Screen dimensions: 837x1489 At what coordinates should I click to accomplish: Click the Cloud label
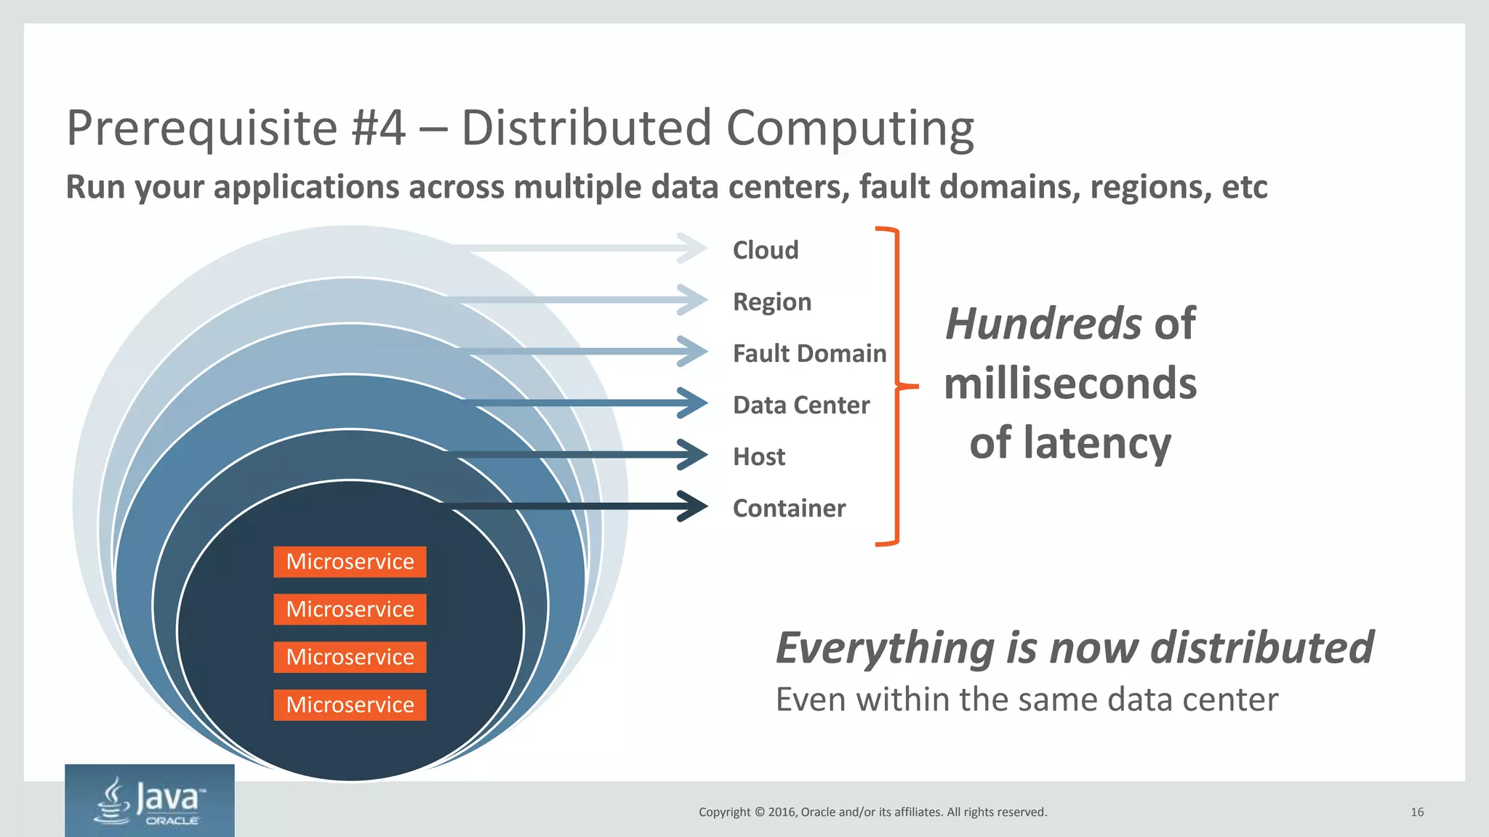765,250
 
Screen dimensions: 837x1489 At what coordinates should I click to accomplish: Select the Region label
771,302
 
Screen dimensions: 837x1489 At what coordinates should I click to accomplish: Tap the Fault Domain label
809,353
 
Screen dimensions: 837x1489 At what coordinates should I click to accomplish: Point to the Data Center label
800,405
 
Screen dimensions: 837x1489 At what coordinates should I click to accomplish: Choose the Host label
758,456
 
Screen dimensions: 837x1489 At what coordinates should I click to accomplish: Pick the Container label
789,508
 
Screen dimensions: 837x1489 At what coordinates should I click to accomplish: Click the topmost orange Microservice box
350,562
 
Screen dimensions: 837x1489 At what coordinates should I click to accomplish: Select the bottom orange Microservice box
350,705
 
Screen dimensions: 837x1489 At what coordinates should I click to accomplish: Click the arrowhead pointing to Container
691,506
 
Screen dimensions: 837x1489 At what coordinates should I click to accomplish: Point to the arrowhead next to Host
691,455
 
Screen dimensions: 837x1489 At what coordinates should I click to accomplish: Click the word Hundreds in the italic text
1043,324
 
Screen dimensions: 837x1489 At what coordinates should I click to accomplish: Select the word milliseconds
1069,384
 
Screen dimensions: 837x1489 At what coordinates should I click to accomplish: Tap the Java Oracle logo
150,801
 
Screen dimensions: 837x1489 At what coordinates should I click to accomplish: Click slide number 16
1416,812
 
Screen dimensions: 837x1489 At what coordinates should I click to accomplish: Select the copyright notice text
872,812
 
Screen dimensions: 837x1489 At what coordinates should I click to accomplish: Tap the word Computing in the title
850,129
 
